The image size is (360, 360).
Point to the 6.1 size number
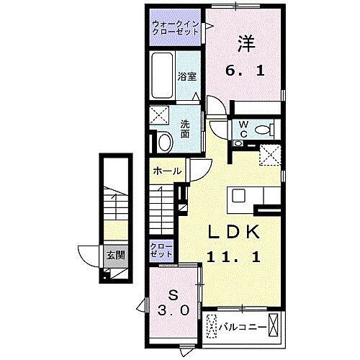(x=246, y=72)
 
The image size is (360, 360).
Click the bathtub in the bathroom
(x=163, y=76)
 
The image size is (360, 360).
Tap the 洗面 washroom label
(x=186, y=127)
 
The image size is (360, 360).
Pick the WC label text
(x=243, y=129)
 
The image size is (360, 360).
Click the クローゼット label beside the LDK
(x=161, y=251)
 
